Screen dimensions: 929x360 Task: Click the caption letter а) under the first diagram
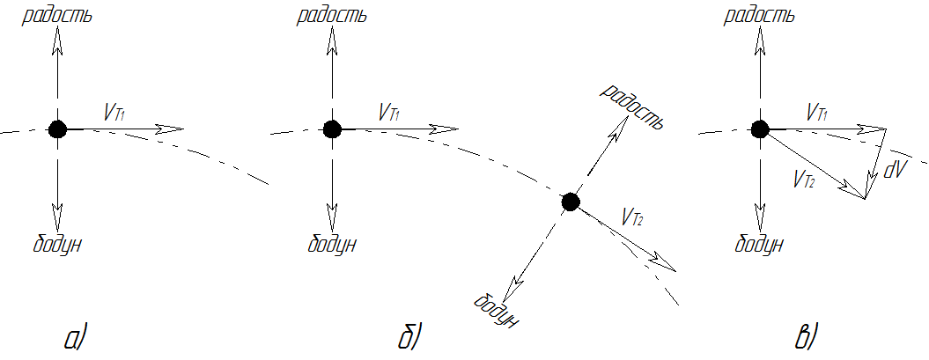[75, 338]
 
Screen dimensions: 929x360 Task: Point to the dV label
[896, 171]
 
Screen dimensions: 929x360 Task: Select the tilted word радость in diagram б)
[630, 107]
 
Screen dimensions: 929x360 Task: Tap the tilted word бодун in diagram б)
[497, 310]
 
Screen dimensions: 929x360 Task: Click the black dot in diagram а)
[57, 129]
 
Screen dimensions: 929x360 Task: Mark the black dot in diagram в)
[760, 129]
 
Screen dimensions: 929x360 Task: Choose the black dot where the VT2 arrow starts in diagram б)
[570, 202]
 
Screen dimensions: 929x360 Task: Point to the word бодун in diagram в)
[759, 244]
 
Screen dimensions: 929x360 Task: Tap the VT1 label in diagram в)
[818, 111]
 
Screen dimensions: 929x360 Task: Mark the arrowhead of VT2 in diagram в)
[854, 191]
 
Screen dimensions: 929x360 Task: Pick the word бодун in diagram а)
[57, 244]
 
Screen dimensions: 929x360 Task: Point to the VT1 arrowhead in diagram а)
[169, 129]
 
